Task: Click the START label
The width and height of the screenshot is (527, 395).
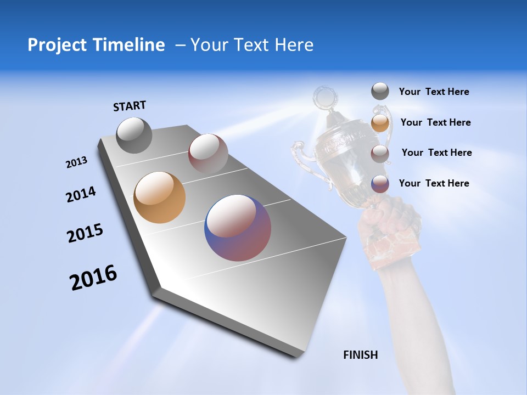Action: coord(130,106)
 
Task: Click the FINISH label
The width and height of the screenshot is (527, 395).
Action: coord(361,355)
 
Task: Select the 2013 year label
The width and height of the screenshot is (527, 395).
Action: coord(76,162)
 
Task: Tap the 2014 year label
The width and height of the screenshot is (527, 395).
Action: coord(81,195)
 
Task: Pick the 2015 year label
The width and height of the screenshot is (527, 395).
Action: coord(85,233)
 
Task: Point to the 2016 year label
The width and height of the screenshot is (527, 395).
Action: coord(93,278)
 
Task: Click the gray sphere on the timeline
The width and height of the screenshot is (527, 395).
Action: coord(134,135)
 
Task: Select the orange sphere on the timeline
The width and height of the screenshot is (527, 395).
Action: coord(159,198)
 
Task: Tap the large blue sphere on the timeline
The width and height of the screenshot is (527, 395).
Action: coord(238,228)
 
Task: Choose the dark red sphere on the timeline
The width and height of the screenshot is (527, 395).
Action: coord(208,153)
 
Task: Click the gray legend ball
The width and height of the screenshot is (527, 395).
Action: coord(380,92)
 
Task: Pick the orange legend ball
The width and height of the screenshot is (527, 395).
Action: coord(380,122)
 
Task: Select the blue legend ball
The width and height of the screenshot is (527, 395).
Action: coord(380,183)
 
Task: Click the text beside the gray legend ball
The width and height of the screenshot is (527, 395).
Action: coord(434,92)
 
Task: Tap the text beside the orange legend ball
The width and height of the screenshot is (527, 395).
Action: coord(435,122)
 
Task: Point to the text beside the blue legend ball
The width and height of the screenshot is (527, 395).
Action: coord(434,183)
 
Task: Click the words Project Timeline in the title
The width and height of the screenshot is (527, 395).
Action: coord(96,45)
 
